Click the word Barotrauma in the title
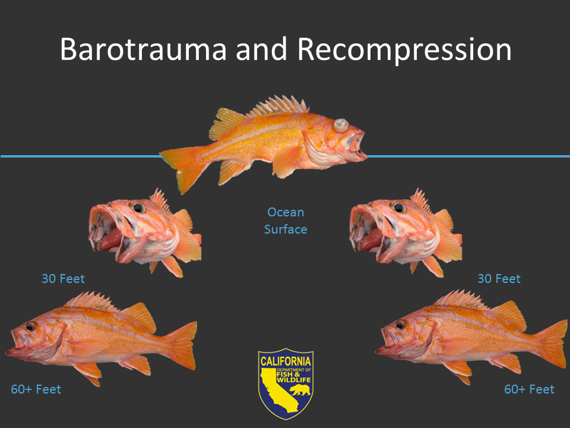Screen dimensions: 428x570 (x=142, y=50)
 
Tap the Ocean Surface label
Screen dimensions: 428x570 (x=286, y=221)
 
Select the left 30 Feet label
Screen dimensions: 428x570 (x=64, y=278)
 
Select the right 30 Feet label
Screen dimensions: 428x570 (x=499, y=278)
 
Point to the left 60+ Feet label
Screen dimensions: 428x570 (x=36, y=389)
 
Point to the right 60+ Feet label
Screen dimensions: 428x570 (x=529, y=389)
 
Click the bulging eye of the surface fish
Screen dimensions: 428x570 (x=340, y=125)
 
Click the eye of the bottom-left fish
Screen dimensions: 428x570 (x=30, y=326)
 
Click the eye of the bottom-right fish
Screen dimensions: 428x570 (x=400, y=325)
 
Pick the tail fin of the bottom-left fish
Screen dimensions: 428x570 (x=182, y=345)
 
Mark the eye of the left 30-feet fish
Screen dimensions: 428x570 (x=138, y=208)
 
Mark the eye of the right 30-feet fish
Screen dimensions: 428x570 (x=399, y=208)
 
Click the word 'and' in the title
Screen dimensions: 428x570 (x=261, y=50)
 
